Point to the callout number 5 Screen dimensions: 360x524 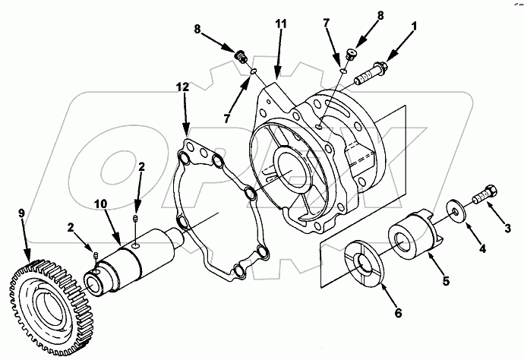(446, 281)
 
